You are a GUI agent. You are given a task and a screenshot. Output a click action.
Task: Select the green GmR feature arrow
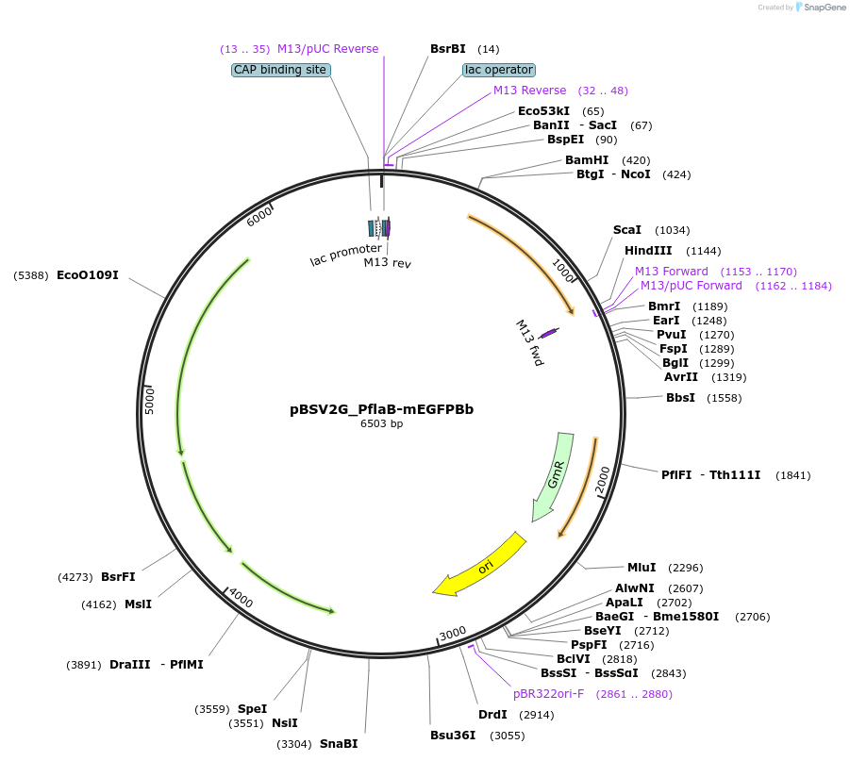554,476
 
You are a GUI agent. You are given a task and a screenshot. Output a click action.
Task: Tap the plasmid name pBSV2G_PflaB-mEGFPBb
381,409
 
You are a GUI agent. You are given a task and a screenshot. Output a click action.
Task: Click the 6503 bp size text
381,423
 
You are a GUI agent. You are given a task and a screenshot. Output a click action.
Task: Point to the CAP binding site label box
279,70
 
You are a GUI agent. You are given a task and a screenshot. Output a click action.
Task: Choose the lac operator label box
499,70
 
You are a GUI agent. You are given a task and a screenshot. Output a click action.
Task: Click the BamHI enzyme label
587,160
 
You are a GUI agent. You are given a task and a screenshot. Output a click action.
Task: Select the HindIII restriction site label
648,251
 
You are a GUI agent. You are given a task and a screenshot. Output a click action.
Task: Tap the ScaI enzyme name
626,230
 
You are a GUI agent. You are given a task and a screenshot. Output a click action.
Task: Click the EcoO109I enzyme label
88,275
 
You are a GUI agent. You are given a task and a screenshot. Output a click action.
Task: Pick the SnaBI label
339,744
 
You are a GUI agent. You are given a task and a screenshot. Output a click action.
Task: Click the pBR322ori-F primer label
548,693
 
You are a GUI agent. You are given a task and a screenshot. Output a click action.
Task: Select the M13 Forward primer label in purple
671,272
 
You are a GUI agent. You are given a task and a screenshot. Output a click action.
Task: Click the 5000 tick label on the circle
149,399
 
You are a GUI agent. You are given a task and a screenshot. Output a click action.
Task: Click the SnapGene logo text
822,8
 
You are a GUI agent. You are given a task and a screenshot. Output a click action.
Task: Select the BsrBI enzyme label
448,48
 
